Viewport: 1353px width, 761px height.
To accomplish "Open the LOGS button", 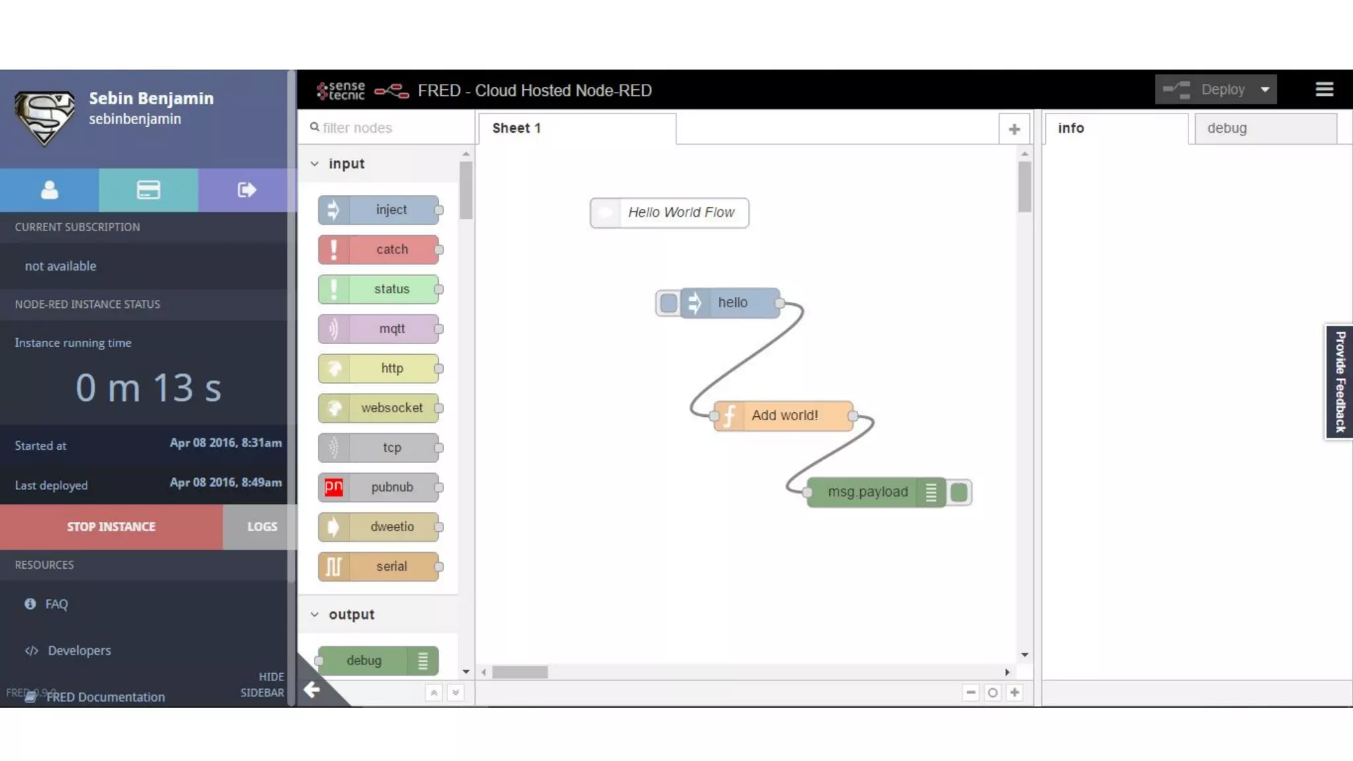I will (262, 526).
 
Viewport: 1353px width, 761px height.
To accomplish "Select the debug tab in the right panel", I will (1227, 128).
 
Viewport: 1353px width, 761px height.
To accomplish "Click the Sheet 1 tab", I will (517, 128).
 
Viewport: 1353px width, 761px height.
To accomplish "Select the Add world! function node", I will (784, 416).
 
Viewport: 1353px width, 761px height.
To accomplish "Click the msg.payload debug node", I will (867, 492).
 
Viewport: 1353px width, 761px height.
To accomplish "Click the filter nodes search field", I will (390, 128).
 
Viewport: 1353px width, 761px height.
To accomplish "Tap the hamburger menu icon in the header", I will (1324, 89).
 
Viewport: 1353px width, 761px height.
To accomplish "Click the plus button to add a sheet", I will (1014, 129).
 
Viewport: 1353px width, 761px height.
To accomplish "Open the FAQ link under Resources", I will (56, 604).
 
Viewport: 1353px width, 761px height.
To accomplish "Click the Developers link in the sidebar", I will (79, 651).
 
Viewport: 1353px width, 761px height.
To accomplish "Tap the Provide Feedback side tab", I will (1340, 382).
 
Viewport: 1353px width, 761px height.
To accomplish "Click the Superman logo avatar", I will (45, 118).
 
